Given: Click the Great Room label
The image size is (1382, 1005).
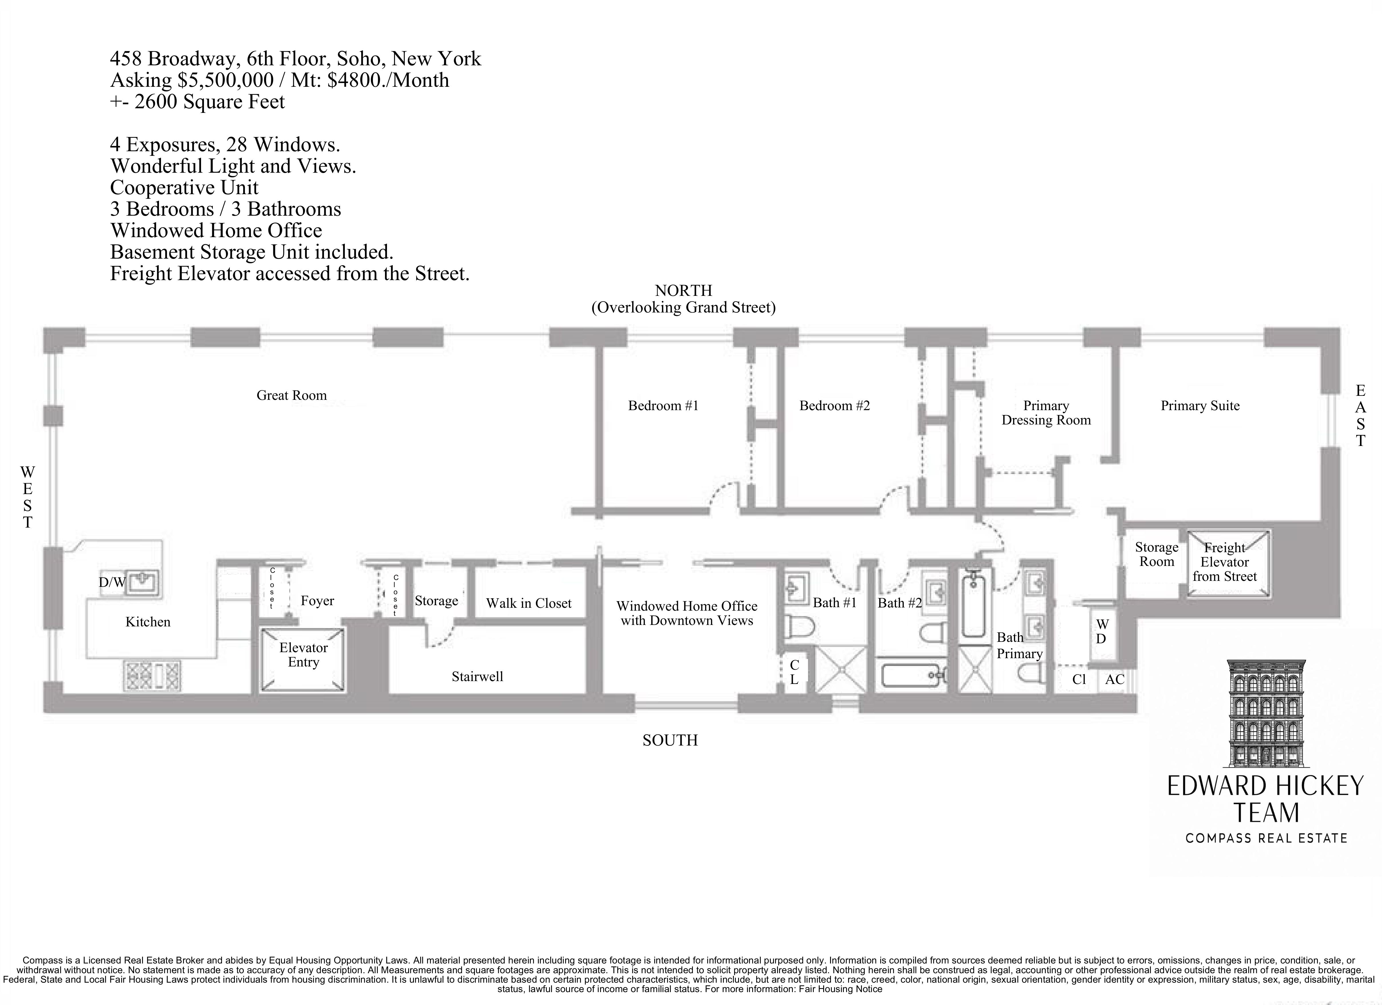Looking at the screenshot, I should (x=291, y=396).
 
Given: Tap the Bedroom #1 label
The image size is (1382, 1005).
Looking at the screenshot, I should (x=663, y=406).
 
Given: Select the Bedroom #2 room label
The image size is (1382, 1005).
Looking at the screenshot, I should (x=834, y=406).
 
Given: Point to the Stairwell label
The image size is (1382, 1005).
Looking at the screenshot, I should (x=477, y=676).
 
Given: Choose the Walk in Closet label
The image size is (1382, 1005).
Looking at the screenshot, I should (x=528, y=603).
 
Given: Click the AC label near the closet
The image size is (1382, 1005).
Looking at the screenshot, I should (x=1114, y=680).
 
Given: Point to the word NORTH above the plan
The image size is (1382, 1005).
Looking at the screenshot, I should (x=683, y=291).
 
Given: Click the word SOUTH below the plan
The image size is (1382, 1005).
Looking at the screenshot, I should (x=670, y=740).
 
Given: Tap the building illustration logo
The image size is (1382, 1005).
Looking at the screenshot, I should (x=1266, y=713).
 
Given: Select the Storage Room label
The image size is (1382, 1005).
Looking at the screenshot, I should (x=1156, y=554).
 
